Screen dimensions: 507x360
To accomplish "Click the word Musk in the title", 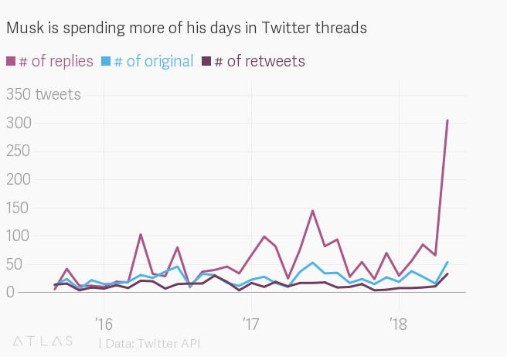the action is pyautogui.click(x=26, y=28).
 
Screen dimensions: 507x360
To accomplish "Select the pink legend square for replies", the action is pyautogui.click(x=11, y=61).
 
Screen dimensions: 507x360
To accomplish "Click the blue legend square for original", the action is pyautogui.click(x=106, y=61).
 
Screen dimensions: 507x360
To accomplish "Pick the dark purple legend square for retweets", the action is pyautogui.click(x=206, y=61).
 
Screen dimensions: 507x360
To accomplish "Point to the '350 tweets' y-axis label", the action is pyautogui.click(x=43, y=95).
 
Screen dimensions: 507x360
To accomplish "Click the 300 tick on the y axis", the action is pyautogui.click(x=19, y=123).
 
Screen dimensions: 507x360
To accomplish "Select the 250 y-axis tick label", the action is pyautogui.click(x=19, y=151).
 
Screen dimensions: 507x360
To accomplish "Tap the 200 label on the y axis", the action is pyautogui.click(x=19, y=179).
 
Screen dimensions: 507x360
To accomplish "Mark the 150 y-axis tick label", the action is pyautogui.click(x=18, y=208).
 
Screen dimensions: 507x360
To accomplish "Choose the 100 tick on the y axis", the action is pyautogui.click(x=18, y=236).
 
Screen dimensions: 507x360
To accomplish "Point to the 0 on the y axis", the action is pyautogui.click(x=11, y=292).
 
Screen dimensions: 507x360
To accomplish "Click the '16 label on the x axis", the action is pyautogui.click(x=104, y=324).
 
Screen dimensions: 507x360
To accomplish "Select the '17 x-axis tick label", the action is pyautogui.click(x=251, y=324).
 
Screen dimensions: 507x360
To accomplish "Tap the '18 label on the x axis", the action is pyautogui.click(x=399, y=324).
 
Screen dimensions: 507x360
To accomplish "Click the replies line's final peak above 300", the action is pyautogui.click(x=447, y=121).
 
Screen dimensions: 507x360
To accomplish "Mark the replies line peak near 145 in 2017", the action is pyautogui.click(x=312, y=211).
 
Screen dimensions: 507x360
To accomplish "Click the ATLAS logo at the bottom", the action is pyautogui.click(x=43, y=341).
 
